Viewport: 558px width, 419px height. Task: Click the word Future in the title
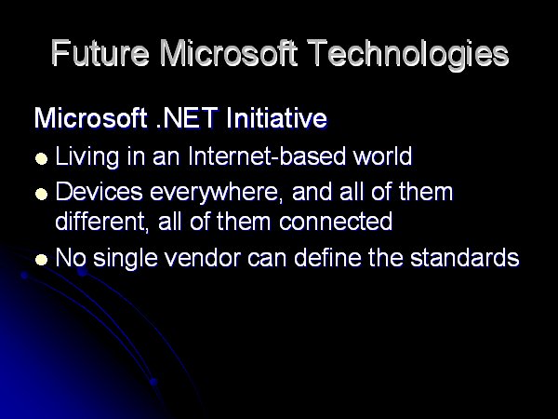100,53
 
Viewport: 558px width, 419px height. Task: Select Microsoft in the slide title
228,53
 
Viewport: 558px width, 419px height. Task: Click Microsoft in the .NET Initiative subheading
91,118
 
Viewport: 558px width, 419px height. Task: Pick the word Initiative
276,118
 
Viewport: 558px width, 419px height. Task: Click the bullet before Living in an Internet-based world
41,158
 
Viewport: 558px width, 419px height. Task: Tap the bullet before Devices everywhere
41,195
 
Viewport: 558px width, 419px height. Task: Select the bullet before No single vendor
41,260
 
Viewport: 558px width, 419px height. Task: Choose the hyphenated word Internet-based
267,157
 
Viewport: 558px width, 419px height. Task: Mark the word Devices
100,192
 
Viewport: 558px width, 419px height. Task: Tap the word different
101,222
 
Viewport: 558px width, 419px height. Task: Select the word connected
336,222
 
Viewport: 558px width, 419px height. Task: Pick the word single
126,259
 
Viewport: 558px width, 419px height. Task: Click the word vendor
203,257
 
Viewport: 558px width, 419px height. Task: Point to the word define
327,257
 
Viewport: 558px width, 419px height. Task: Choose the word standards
465,257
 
